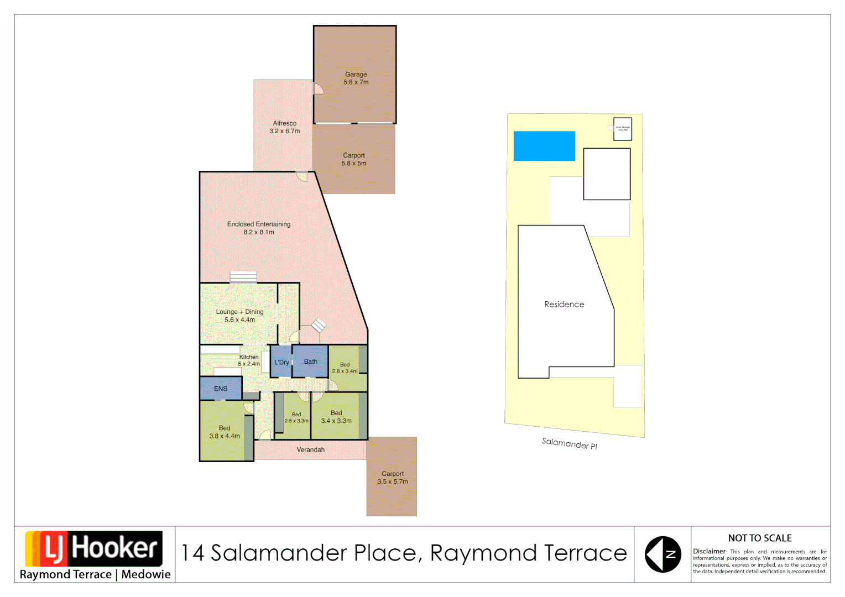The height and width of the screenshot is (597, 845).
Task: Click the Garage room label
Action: (356, 78)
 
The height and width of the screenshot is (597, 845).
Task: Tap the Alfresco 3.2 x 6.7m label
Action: (284, 127)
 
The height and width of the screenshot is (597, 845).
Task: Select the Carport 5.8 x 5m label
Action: (354, 159)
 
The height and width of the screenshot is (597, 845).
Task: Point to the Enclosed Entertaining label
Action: (258, 228)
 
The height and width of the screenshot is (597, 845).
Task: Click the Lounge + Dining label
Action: (239, 316)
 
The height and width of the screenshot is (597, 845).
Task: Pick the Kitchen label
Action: (249, 360)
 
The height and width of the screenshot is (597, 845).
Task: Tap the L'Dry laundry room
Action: (281, 362)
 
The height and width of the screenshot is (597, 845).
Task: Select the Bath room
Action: (310, 362)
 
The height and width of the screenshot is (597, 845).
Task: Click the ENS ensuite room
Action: (221, 389)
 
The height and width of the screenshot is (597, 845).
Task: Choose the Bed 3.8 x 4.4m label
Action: (225, 432)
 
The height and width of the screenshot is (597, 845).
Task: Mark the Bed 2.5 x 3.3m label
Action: (296, 417)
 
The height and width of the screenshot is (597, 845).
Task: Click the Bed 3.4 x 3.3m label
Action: (336, 417)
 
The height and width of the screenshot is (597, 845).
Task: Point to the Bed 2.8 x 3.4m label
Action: (345, 368)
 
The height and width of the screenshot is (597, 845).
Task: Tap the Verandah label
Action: (311, 450)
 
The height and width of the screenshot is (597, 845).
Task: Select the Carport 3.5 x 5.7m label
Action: (393, 478)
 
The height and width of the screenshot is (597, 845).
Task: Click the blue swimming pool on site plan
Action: (544, 146)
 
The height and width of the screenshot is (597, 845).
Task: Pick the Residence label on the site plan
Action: (564, 304)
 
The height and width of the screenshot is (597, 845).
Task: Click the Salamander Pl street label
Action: (570, 443)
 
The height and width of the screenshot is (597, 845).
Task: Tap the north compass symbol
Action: (663, 554)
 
